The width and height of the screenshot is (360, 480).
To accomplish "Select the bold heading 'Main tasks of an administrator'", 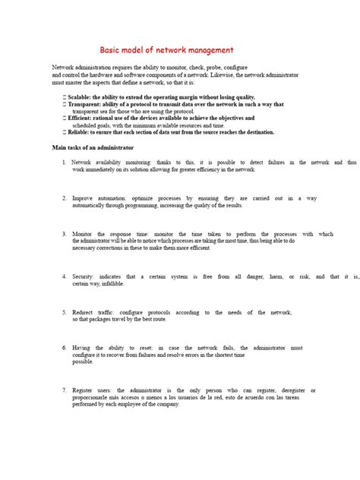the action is (92, 147).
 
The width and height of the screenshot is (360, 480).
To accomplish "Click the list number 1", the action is (64, 163).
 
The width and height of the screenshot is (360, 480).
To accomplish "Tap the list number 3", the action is (64, 235).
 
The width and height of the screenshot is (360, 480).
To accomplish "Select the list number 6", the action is (64, 349).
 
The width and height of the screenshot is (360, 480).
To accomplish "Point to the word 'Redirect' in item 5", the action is (83, 312).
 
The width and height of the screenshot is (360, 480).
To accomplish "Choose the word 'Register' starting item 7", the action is (83, 390).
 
